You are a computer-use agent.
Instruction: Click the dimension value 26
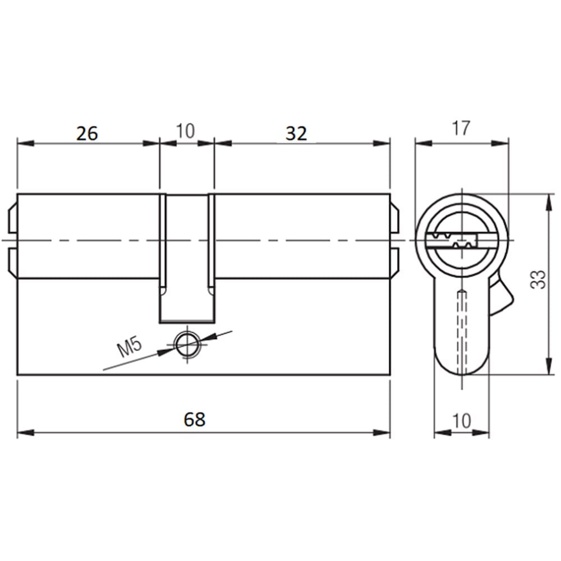point(87,134)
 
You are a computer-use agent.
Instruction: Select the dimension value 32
point(296,134)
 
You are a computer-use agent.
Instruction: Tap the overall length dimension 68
point(194,419)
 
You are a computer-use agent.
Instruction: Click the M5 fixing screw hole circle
point(187,344)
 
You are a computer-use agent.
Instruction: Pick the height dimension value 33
point(539,279)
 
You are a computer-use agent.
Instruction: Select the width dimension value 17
point(461,128)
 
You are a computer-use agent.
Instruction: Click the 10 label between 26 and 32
point(185,131)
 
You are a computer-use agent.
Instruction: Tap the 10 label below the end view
point(462,421)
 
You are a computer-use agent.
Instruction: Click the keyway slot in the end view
point(452,241)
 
